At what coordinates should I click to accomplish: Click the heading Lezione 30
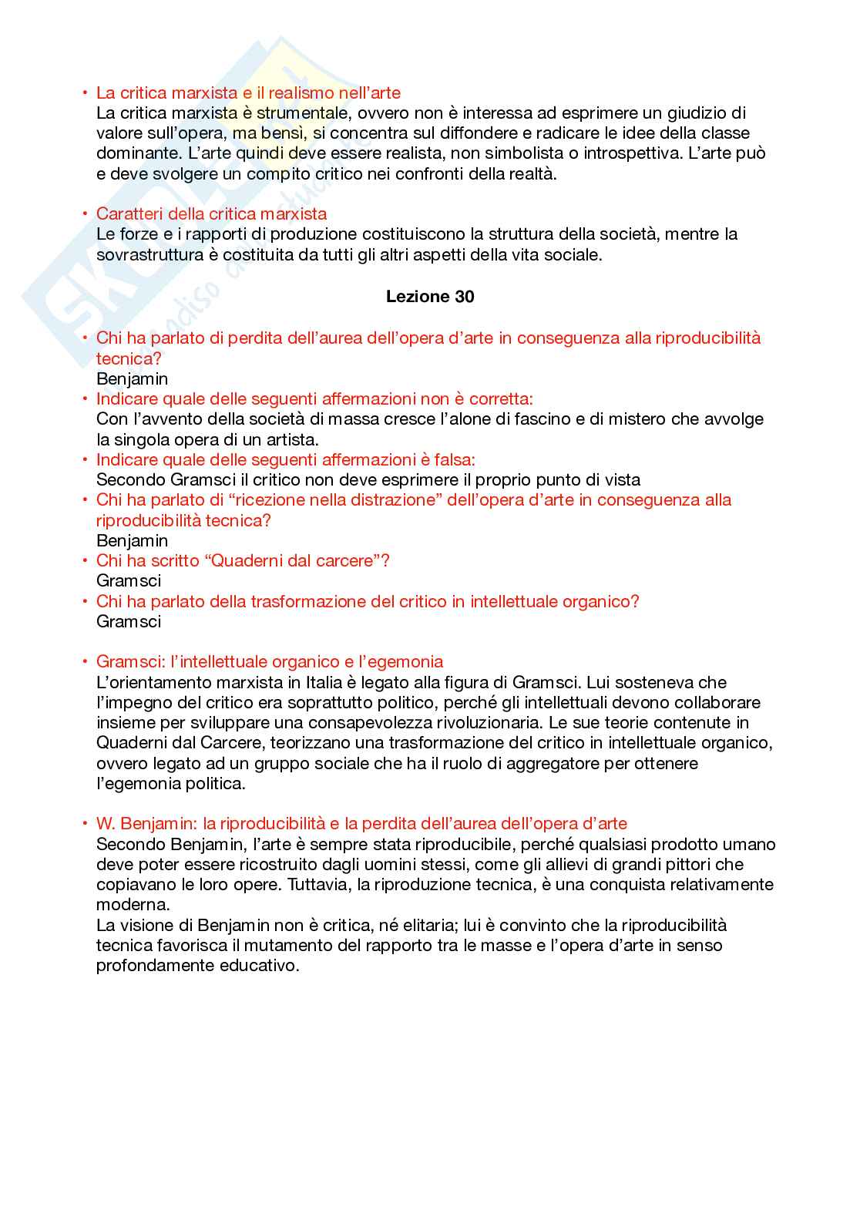pos(430,297)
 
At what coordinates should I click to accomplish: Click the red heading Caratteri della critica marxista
pos(211,214)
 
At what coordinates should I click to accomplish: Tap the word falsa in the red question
pos(453,460)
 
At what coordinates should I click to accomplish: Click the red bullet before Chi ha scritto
pos(85,561)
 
